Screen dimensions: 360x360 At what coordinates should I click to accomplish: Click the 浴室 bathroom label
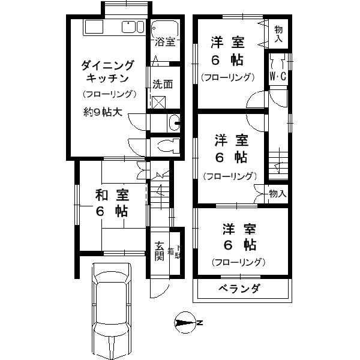[164, 42]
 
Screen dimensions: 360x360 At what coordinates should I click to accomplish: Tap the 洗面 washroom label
[162, 84]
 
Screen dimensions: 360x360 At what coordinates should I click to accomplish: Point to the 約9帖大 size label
[103, 112]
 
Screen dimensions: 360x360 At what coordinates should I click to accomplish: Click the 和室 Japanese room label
[112, 195]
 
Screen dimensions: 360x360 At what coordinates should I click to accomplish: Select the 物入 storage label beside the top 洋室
[279, 34]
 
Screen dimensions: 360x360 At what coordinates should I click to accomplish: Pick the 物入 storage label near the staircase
[277, 194]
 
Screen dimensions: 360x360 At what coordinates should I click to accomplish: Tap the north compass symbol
[186, 322]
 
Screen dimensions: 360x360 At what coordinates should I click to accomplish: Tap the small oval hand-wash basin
[174, 123]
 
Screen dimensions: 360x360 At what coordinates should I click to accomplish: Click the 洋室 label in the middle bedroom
[232, 140]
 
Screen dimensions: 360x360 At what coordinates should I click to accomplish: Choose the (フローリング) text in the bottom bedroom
[238, 262]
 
